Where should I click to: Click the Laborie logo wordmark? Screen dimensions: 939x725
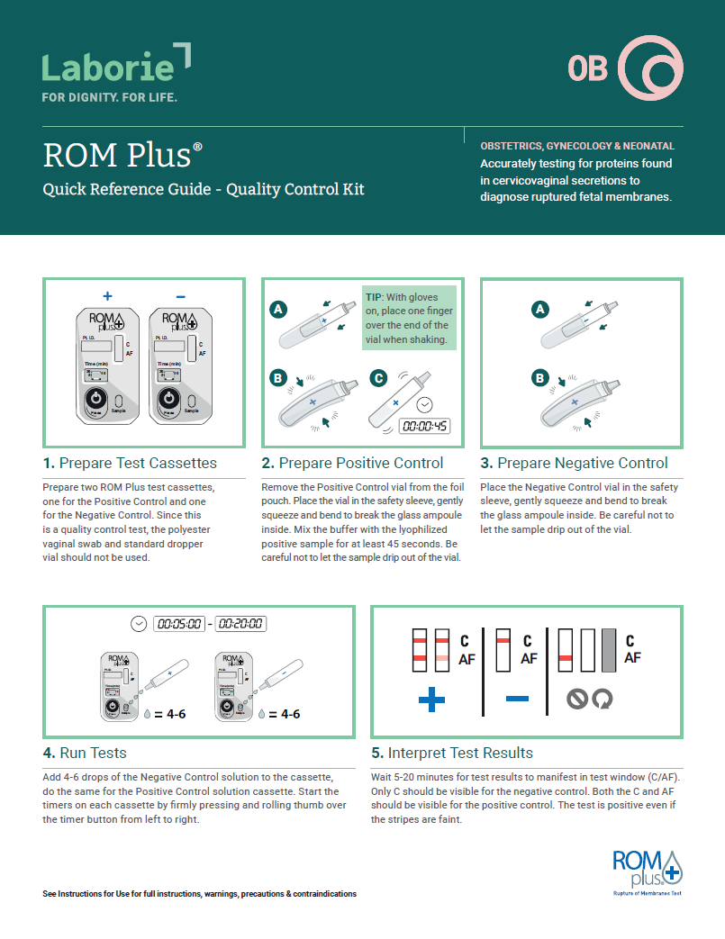(x=108, y=66)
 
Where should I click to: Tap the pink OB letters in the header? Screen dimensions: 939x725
(x=587, y=68)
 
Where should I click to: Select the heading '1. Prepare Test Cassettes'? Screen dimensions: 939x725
(x=131, y=463)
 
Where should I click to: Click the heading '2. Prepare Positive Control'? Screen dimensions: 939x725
(x=352, y=463)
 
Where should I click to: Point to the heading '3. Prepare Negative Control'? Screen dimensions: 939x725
(x=574, y=463)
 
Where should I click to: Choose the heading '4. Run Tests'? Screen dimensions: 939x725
(x=85, y=753)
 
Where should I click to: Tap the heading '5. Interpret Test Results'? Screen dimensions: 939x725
(x=452, y=753)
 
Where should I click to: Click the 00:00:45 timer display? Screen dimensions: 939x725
(x=425, y=427)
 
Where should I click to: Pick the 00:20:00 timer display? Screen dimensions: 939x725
(x=240, y=623)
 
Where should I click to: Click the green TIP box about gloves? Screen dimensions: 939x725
(x=410, y=318)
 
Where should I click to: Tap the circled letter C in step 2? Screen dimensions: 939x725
(x=380, y=378)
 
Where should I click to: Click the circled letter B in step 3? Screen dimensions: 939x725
(x=540, y=378)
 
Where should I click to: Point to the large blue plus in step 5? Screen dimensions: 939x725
(x=431, y=700)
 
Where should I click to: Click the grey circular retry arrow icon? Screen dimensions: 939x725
(x=602, y=700)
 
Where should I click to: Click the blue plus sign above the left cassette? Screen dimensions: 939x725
(x=108, y=295)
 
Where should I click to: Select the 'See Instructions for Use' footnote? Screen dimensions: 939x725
(x=199, y=894)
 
